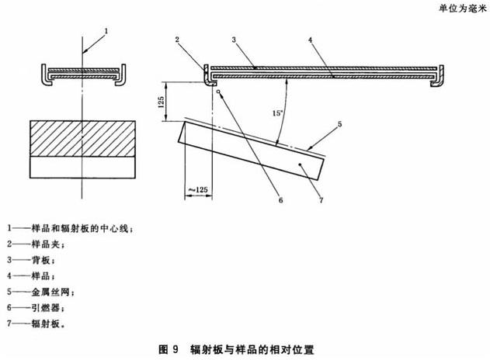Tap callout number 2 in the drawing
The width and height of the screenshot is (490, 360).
(x=178, y=39)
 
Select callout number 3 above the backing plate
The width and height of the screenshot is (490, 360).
(x=233, y=39)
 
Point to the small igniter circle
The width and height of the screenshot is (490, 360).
(x=221, y=92)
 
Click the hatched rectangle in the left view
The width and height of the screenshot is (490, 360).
(x=82, y=138)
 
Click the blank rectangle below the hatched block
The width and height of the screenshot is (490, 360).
(x=82, y=167)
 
